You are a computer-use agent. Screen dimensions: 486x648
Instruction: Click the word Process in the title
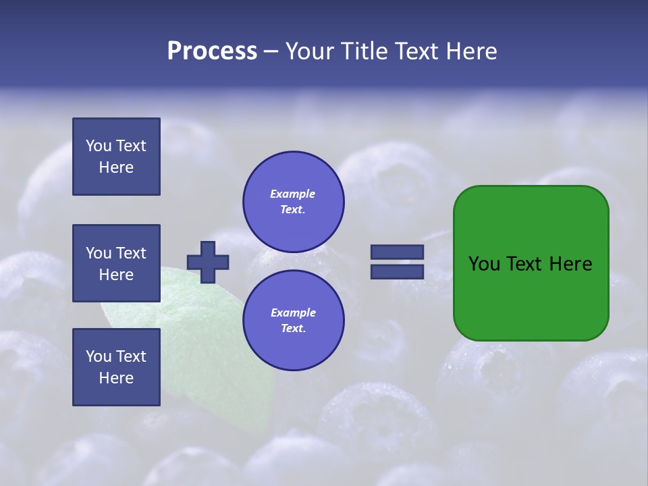(212, 51)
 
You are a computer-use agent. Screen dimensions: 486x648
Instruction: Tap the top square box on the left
(116, 157)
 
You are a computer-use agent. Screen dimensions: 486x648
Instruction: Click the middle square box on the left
(116, 263)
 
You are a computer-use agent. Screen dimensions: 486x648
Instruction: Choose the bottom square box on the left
(116, 367)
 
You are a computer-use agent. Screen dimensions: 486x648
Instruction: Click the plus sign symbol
(208, 262)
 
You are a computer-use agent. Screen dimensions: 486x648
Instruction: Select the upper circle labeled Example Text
(293, 201)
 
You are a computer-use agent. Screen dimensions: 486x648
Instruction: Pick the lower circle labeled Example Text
(293, 320)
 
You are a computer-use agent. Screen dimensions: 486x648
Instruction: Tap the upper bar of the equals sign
(397, 252)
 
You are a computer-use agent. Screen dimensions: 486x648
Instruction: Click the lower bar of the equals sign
(397, 271)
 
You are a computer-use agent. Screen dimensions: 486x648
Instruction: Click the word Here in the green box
(570, 264)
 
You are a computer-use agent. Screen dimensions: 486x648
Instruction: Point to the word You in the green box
(484, 264)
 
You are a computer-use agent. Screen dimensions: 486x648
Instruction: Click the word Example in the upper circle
(292, 194)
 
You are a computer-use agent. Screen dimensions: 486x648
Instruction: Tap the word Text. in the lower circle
(293, 328)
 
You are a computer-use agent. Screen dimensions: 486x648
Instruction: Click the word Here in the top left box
(116, 167)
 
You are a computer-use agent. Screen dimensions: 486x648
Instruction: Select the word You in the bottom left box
(99, 356)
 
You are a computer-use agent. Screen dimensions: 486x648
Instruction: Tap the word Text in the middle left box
(131, 253)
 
